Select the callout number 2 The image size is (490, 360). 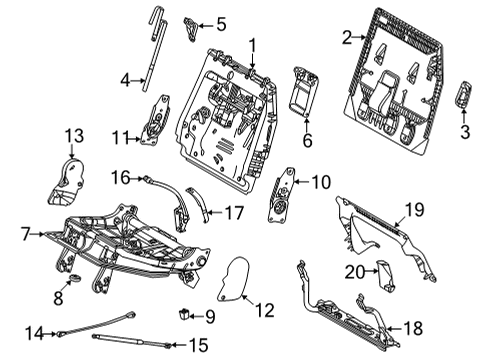346,38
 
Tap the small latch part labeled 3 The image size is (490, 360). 462,101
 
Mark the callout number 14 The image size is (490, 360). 33,332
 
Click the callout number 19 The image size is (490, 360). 414,209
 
